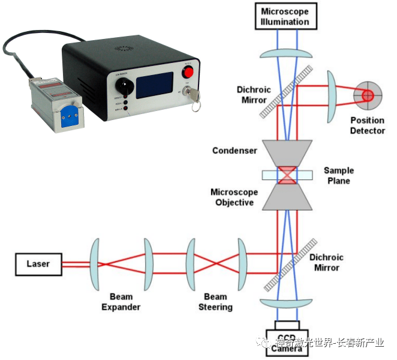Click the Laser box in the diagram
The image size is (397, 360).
tap(38, 263)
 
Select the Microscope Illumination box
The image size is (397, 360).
tap(285, 17)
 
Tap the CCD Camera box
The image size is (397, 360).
tap(287, 341)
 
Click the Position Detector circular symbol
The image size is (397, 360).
tap(366, 95)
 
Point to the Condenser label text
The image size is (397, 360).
tap(234, 151)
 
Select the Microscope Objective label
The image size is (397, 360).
tap(234, 197)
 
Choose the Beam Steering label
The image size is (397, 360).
tap(215, 302)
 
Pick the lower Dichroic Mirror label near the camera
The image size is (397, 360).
tap(326, 262)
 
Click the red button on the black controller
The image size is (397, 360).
tap(188, 73)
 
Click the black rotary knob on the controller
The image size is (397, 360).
tap(124, 85)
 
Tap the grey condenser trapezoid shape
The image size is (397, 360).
tap(287, 154)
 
